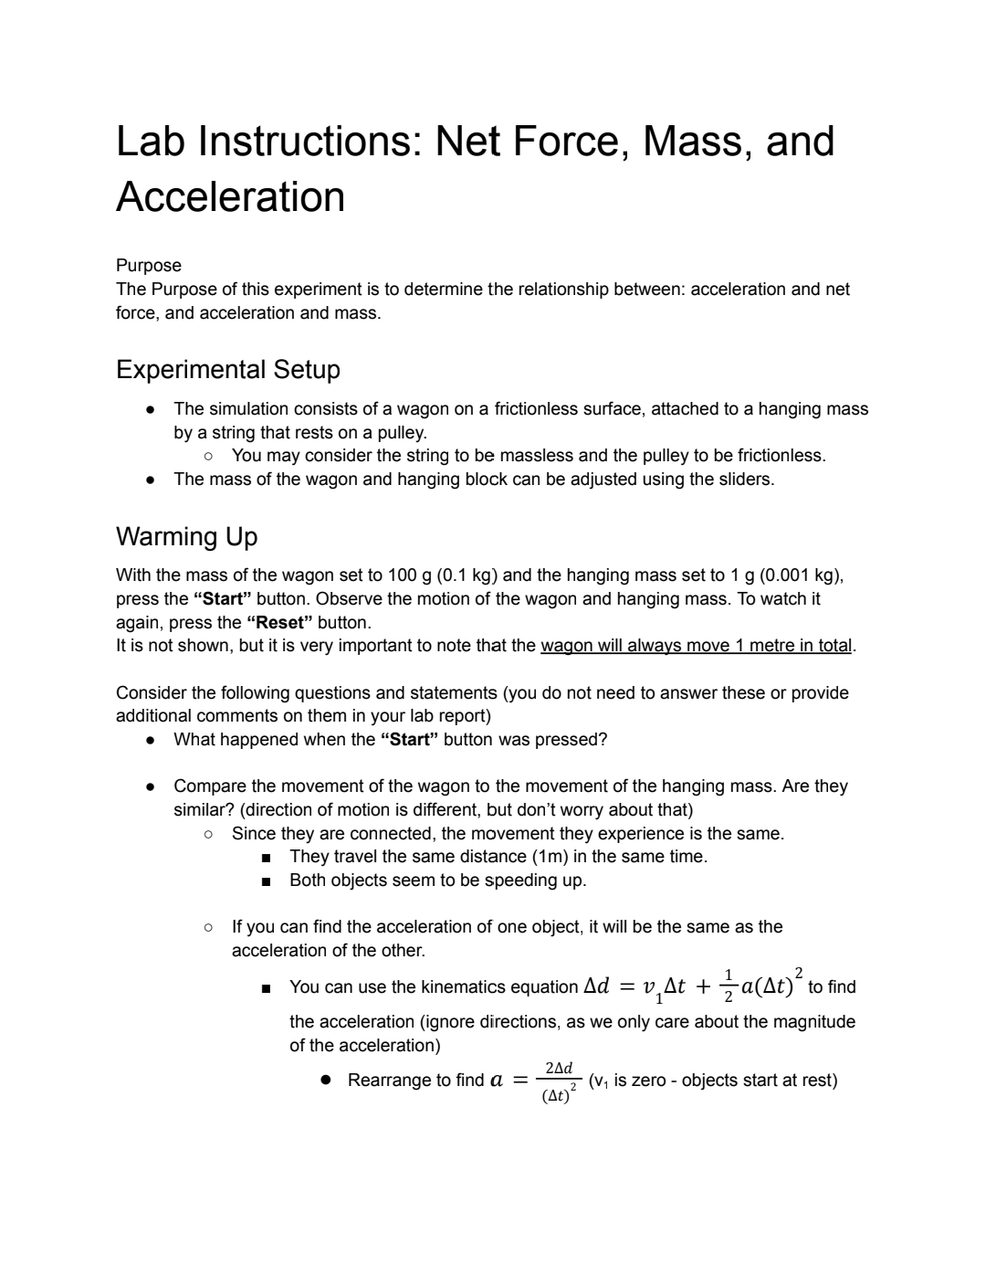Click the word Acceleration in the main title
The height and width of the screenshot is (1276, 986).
point(231,197)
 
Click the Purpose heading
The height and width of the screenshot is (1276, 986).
point(149,266)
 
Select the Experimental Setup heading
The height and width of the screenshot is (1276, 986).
point(228,370)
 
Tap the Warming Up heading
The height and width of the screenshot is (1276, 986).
point(187,537)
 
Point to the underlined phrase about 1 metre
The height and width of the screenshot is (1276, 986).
point(697,646)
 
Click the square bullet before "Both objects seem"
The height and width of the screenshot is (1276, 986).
point(266,881)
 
